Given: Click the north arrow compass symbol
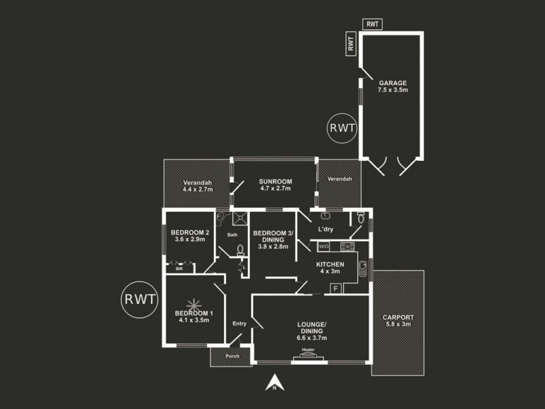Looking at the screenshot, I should click(x=273, y=384).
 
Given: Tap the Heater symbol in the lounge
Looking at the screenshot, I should click(x=308, y=353).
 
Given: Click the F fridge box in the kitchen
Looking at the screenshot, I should click(x=335, y=288).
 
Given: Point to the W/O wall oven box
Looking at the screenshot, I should click(x=324, y=246).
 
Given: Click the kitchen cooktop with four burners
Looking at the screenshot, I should click(x=345, y=246).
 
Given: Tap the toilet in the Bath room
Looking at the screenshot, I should click(x=240, y=252).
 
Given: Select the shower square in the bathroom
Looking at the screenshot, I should click(x=240, y=218).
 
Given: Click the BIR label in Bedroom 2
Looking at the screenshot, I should click(x=179, y=269).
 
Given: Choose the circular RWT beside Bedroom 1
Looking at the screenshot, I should click(x=140, y=299).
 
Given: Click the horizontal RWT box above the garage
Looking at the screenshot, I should click(x=373, y=25).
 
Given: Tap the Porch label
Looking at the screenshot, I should click(x=232, y=356).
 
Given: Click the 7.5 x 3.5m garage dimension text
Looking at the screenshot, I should click(x=392, y=89).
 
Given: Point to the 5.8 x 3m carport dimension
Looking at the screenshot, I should click(x=398, y=324).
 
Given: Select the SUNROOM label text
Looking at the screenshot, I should click(x=275, y=181).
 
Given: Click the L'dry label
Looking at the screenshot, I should click(x=325, y=229).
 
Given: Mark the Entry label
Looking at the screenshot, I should click(x=239, y=323).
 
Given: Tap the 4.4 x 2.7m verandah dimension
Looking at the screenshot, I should click(x=198, y=190).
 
